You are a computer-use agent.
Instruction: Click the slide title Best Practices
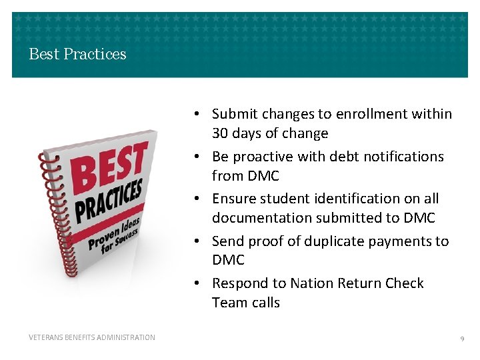tap(77, 54)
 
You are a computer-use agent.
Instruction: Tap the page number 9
tap(462, 339)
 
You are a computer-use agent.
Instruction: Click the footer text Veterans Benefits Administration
tap(92, 337)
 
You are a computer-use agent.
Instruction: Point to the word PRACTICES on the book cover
tap(109, 200)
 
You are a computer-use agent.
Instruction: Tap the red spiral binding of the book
tap(49, 220)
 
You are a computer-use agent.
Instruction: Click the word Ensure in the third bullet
tap(234, 199)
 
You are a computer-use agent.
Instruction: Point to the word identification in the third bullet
tap(353, 199)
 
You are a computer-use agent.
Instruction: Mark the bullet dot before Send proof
tap(202, 241)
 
